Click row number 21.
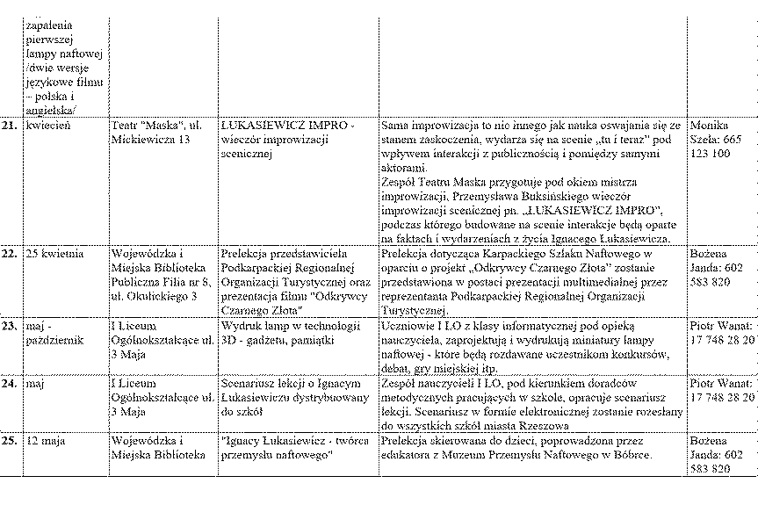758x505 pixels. pyautogui.click(x=10, y=126)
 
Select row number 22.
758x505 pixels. pyautogui.click(x=10, y=254)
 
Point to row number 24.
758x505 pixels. pyautogui.click(x=10, y=384)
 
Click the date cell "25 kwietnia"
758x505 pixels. pyautogui.click(x=54, y=254)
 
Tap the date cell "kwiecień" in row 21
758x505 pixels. pyautogui.click(x=48, y=126)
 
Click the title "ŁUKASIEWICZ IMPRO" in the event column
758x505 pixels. pyautogui.click(x=287, y=126)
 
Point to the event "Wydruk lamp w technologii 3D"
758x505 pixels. pyautogui.click(x=291, y=332)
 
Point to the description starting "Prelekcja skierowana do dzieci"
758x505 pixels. pyautogui.click(x=518, y=447)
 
